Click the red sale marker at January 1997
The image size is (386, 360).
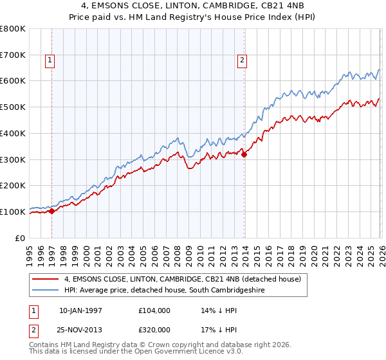click(52, 211)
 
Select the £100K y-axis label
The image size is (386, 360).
click(13, 212)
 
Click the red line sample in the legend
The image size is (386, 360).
click(46, 279)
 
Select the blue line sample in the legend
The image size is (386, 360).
click(46, 291)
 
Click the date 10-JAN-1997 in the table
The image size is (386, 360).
click(81, 310)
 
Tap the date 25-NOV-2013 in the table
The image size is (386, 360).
click(81, 329)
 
